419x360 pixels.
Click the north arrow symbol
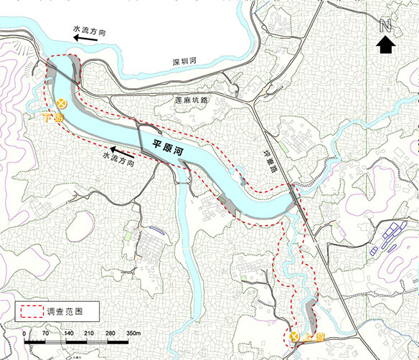coord(386,46)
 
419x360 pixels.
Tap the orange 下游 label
coord(52,118)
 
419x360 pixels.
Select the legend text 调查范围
coord(62,312)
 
